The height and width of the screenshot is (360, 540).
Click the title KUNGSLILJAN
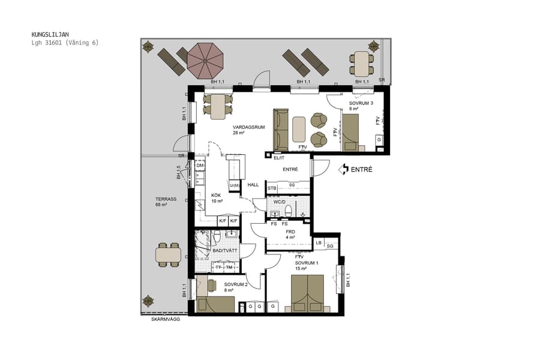point(50,35)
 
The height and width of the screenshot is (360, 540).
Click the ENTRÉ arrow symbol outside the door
point(343,170)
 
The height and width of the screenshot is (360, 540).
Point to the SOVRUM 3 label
point(361,106)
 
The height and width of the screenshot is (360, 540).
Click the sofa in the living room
point(281,130)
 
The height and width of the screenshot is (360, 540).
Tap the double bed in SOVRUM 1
point(307,293)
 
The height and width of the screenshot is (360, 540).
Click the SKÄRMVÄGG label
point(164,320)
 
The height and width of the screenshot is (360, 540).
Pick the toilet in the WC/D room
point(289,210)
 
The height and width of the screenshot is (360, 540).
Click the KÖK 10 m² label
point(217,199)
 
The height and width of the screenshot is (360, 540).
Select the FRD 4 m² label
point(290,234)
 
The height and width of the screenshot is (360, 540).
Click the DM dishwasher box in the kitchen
point(200,166)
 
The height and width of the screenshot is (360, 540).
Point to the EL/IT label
point(278,158)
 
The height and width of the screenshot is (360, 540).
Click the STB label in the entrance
point(272,188)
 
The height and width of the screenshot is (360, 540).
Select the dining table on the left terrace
point(168,254)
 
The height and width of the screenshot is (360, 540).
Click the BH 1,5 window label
point(179,173)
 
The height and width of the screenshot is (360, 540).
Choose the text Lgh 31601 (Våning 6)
point(65,43)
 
